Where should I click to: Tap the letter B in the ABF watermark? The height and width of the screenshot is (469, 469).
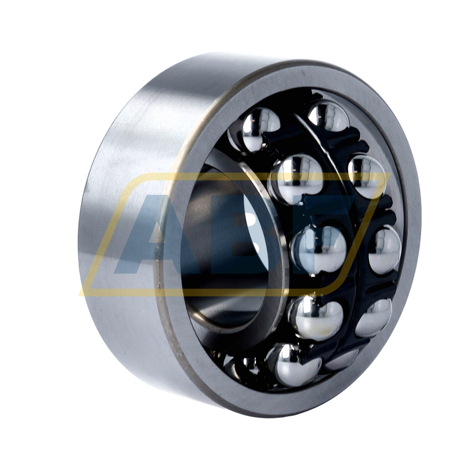(x=250, y=234)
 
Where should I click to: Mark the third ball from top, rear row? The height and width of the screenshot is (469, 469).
(x=385, y=247)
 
